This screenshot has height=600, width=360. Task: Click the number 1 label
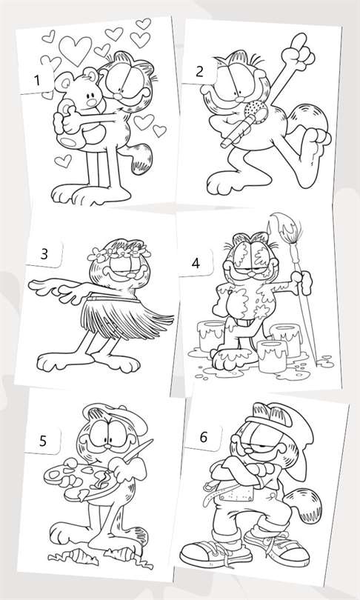click(37, 81)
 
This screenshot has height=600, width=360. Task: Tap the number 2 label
click(199, 72)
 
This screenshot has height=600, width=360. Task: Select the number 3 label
click(44, 253)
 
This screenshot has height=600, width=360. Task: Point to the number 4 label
click(196, 263)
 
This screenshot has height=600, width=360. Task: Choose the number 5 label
click(43, 441)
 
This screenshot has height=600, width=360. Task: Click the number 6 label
click(204, 437)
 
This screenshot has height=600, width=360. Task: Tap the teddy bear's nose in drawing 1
click(91, 102)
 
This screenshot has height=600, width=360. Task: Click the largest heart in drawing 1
click(75, 50)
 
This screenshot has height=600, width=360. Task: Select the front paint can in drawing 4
click(272, 356)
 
